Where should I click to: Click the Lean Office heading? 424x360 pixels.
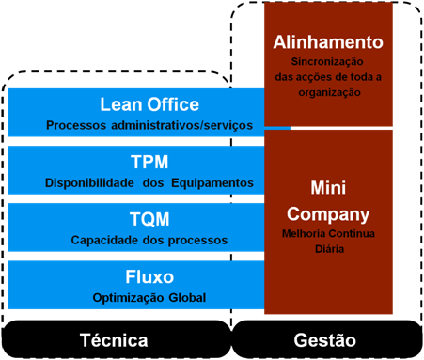(149, 105)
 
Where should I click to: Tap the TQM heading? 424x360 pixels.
(149, 220)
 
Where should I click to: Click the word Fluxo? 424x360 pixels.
(149, 278)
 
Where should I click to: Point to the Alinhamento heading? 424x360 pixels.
(327, 42)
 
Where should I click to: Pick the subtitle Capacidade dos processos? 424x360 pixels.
(149, 240)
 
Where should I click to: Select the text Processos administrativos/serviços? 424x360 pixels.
(149, 125)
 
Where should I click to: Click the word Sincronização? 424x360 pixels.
(327, 62)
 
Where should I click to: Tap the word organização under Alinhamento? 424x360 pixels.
(327, 92)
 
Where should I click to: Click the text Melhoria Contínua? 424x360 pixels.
(327, 232)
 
